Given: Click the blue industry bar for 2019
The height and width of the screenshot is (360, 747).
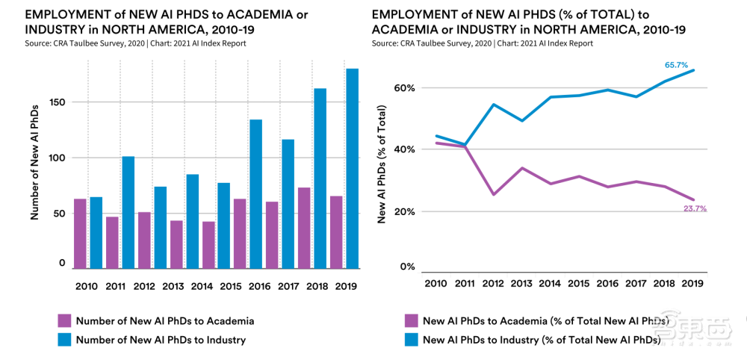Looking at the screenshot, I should (x=351, y=168).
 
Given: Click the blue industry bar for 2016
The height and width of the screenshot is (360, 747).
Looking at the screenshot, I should (x=255, y=193).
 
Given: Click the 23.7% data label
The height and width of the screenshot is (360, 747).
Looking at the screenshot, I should (x=695, y=208).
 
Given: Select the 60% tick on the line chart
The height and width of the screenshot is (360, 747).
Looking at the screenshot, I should (x=405, y=87).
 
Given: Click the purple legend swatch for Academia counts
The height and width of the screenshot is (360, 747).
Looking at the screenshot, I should (x=66, y=321).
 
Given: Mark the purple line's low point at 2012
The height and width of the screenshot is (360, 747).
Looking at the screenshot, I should (x=494, y=194).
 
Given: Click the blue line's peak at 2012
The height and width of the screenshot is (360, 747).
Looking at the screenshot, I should (x=494, y=104).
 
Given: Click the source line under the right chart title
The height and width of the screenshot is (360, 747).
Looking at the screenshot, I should (x=482, y=43).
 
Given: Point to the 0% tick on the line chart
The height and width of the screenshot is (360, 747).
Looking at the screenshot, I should (x=407, y=267).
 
